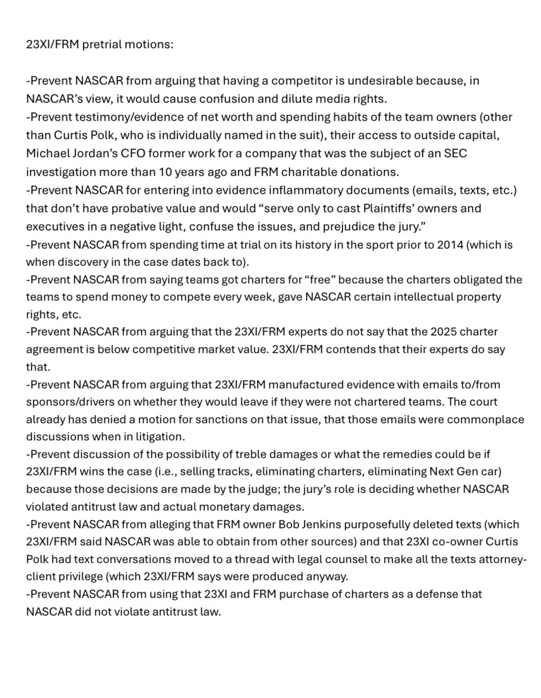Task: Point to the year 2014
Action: point(451,245)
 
